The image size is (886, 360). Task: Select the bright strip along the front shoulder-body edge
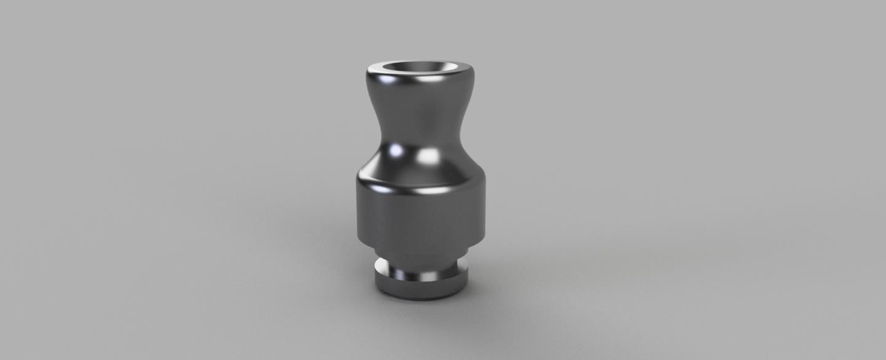(x=425, y=190)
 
